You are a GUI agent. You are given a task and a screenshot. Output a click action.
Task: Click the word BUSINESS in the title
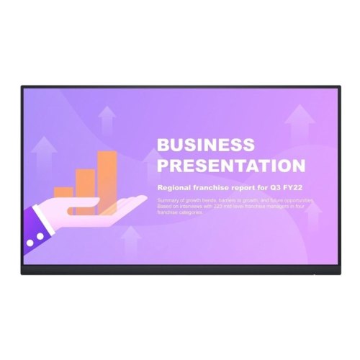coord(205,145)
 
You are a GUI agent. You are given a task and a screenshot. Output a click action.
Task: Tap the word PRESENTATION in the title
coord(230,166)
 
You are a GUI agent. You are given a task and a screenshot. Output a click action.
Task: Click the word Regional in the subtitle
coord(171,187)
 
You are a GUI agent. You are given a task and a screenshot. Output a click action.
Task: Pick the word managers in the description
coord(274,205)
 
